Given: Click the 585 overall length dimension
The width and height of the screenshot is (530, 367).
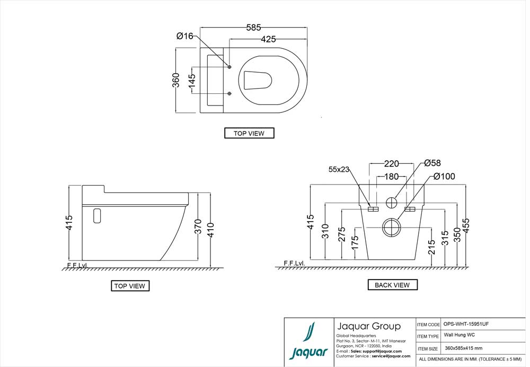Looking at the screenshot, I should [x=254, y=27].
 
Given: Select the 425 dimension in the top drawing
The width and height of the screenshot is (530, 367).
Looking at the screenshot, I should [x=268, y=39].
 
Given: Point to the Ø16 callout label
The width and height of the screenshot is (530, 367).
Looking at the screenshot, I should [x=185, y=36].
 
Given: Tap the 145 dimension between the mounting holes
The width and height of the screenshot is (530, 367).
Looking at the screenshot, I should [x=192, y=81].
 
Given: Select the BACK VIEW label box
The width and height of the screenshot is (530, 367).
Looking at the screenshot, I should [x=392, y=285].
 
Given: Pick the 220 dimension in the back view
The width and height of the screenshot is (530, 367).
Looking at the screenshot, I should [x=391, y=163].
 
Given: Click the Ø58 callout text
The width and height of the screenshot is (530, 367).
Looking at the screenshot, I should [x=432, y=163].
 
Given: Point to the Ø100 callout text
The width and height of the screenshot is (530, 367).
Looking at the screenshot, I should [x=444, y=176].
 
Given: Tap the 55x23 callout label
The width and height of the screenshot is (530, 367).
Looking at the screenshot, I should [x=339, y=170].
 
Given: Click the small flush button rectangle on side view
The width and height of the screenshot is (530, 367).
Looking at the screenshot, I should [x=96, y=216].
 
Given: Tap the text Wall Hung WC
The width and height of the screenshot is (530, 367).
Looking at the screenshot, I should [x=459, y=336].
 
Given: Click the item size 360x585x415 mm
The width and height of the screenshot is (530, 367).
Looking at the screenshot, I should [x=464, y=348].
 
